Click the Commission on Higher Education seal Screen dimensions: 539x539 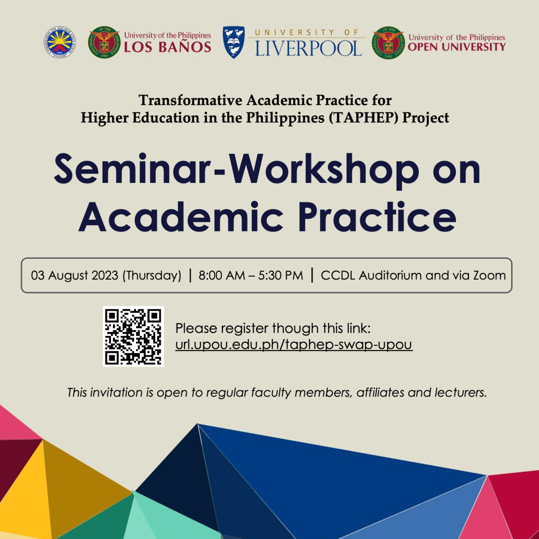tap(60, 42)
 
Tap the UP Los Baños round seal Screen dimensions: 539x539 tap(104, 42)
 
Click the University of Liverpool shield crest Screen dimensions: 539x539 tap(234, 42)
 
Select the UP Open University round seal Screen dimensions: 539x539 tap(389, 43)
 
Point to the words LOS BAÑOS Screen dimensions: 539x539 tap(167, 47)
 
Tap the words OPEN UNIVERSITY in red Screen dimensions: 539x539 tap(456, 47)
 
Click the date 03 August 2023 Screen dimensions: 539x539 tap(75, 275)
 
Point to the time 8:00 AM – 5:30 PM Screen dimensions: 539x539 tap(251, 275)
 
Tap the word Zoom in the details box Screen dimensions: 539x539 tap(489, 275)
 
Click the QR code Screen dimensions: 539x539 tap(133, 336)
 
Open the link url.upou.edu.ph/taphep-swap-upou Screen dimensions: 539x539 tap(294, 345)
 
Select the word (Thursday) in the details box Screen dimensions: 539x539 tap(152, 276)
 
